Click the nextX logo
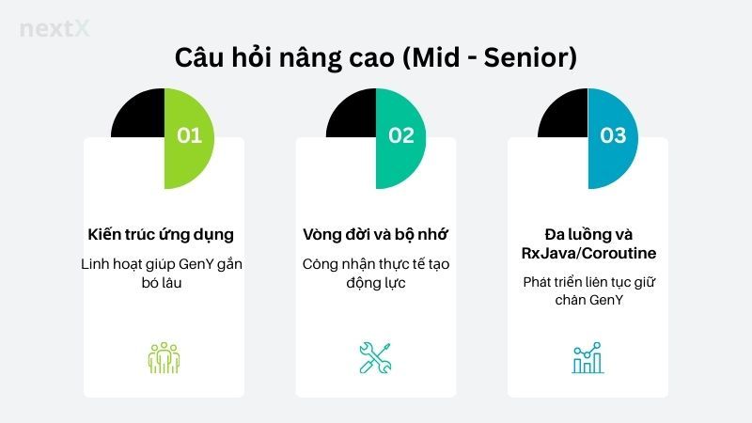point(55,29)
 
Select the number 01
point(189,135)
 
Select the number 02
point(401,135)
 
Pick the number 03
point(613,135)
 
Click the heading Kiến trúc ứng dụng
point(163,234)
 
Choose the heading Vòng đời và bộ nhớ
point(375,234)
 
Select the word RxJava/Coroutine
point(587,253)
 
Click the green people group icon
point(164,358)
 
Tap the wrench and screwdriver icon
point(375,358)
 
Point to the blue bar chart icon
point(587,358)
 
